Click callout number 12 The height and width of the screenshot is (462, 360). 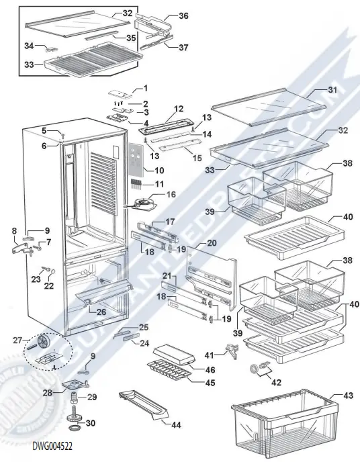179,108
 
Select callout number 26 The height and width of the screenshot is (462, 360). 101,312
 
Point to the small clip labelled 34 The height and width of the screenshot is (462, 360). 48,48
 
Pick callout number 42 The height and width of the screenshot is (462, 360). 276,382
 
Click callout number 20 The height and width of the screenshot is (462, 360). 212,242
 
